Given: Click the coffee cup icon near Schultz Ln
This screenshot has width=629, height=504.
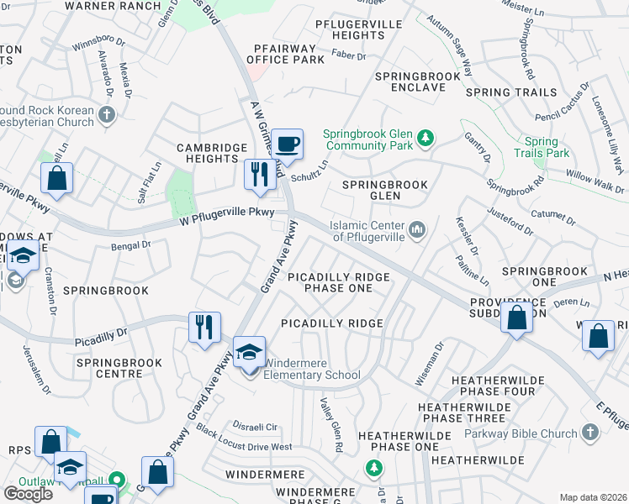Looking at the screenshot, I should (x=288, y=144).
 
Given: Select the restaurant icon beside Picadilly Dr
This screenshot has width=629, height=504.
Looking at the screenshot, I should (x=204, y=327).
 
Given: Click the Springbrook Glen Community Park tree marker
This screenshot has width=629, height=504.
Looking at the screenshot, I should (x=425, y=137).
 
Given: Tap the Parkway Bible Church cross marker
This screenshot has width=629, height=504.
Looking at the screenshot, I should (x=590, y=433).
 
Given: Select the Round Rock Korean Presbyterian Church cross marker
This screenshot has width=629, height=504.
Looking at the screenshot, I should (x=106, y=115).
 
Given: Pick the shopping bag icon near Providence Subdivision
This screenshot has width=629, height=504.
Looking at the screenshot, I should (x=517, y=318).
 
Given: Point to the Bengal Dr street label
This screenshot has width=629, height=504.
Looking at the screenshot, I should (x=130, y=246).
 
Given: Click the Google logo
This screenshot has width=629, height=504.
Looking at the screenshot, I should (x=28, y=493).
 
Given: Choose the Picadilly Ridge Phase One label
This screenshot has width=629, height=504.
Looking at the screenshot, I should (x=338, y=282).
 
